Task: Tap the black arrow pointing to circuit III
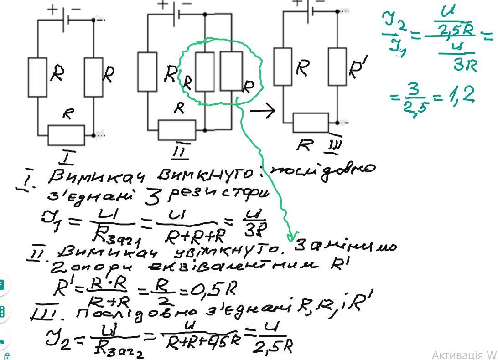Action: tap(263, 110)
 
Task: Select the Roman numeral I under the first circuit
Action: tap(67, 158)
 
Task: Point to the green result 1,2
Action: tap(462, 95)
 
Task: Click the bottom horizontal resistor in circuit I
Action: tap(66, 134)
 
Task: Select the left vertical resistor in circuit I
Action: tap(37, 77)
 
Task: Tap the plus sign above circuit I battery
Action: tap(54, 9)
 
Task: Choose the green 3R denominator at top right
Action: tap(465, 65)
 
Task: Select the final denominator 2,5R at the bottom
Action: tap(272, 347)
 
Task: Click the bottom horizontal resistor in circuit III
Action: tap(310, 123)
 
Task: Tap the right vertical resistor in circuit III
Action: tap(337, 66)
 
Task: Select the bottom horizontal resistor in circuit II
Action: tap(177, 130)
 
